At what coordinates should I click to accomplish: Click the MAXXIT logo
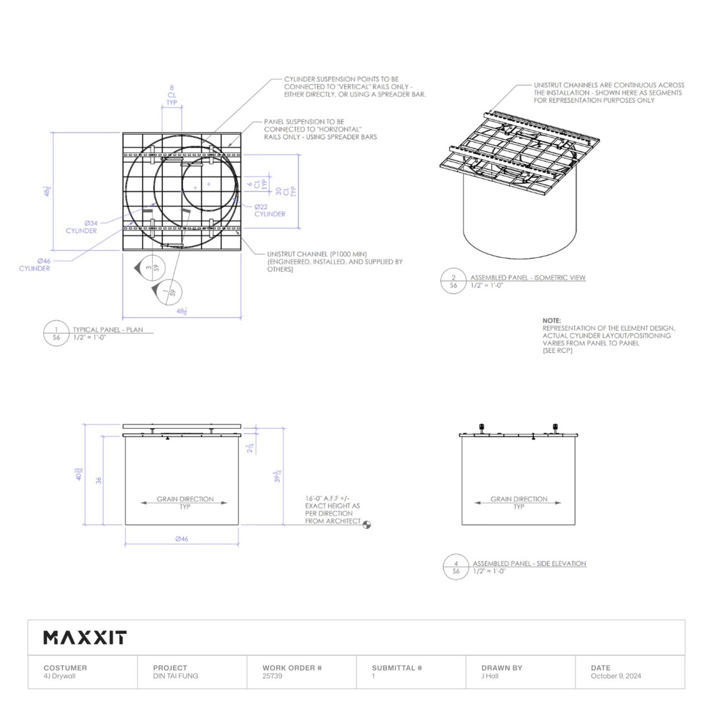pos(85,637)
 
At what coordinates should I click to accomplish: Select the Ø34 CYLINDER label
pos(82,227)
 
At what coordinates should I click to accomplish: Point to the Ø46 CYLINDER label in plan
pos(35,265)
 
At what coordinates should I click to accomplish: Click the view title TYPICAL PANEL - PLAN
pos(108,330)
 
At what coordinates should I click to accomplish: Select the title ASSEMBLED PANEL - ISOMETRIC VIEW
pos(528,277)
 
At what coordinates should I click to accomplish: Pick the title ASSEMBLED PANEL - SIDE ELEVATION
pos(529,564)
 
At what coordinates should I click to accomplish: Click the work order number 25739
pos(272,676)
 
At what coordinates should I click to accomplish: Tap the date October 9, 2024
pos(616,676)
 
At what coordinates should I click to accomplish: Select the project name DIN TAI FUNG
pos(175,676)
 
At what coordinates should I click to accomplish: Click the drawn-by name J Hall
pos(490,676)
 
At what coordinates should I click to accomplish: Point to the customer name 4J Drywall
pos(59,676)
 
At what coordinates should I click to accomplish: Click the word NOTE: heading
pos(551,321)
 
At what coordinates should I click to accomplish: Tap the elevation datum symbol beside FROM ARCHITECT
pos(367,524)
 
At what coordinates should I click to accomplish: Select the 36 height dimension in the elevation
pos(99,480)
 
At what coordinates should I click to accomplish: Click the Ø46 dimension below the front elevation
pos(182,539)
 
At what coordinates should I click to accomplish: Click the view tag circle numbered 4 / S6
pos(456,567)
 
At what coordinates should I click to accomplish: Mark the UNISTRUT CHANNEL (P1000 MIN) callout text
pos(317,254)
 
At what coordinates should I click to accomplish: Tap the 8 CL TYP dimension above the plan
pos(172,95)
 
